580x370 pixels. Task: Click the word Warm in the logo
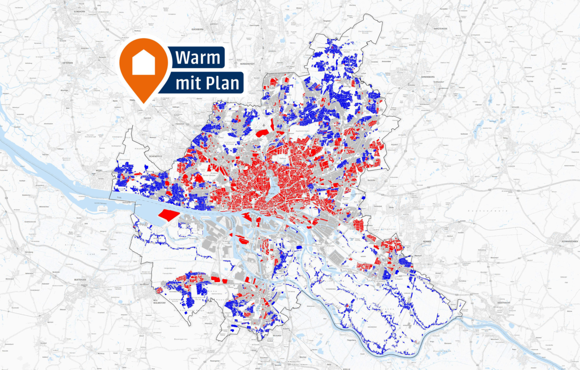[197, 58]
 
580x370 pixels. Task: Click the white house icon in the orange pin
[144, 63]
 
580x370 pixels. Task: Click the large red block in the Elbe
[168, 215]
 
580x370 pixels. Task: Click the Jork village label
[86, 223]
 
